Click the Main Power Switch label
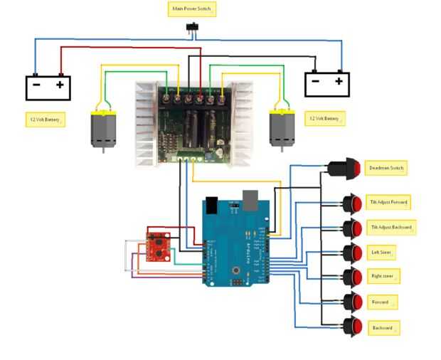pyautogui.click(x=191, y=10)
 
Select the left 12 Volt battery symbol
pyautogui.click(x=48, y=88)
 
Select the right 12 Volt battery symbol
pyautogui.click(x=327, y=84)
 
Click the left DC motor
pyautogui.click(x=103, y=129)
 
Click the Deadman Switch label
pyautogui.click(x=386, y=169)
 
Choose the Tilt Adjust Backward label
pyautogui.click(x=390, y=228)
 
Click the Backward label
pyautogui.click(x=383, y=328)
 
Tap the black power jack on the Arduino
pyautogui.click(x=210, y=204)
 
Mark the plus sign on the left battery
pyautogui.click(x=60, y=85)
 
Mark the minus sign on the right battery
pyautogui.click(x=315, y=81)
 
